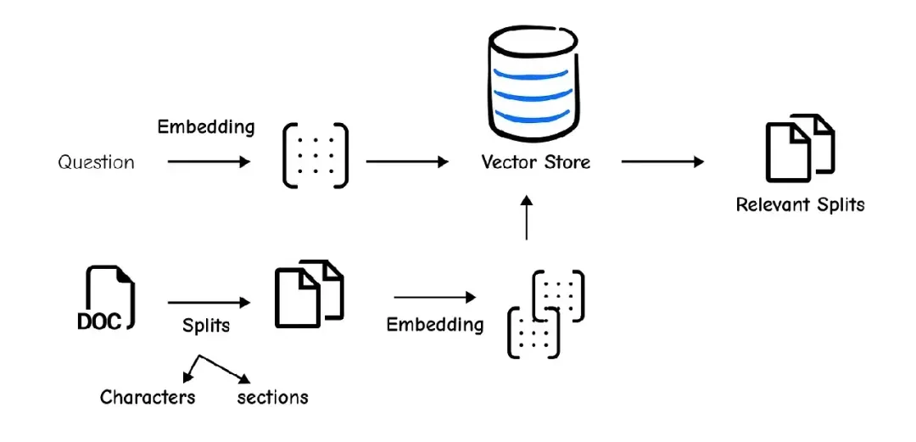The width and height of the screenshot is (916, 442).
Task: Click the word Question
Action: (96, 161)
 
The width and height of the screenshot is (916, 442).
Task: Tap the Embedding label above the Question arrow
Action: (206, 127)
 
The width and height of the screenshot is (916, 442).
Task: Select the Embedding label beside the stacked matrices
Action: (435, 324)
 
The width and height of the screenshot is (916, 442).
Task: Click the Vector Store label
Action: (535, 161)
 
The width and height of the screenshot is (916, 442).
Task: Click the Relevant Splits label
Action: (800, 204)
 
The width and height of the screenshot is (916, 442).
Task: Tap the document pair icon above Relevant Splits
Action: (800, 148)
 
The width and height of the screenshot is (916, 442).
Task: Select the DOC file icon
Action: (106, 298)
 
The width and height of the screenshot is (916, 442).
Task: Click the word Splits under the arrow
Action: (206, 326)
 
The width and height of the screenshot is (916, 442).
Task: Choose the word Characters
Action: (148, 397)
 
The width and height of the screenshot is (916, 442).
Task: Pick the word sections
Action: (272, 397)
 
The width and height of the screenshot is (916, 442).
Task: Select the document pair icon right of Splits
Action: (309, 294)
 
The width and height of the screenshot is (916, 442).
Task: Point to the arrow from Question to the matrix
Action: (209, 161)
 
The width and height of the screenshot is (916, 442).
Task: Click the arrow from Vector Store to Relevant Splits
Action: (662, 161)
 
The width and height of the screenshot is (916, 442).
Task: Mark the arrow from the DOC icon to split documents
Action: (209, 301)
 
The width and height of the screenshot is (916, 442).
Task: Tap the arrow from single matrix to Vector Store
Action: (407, 161)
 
